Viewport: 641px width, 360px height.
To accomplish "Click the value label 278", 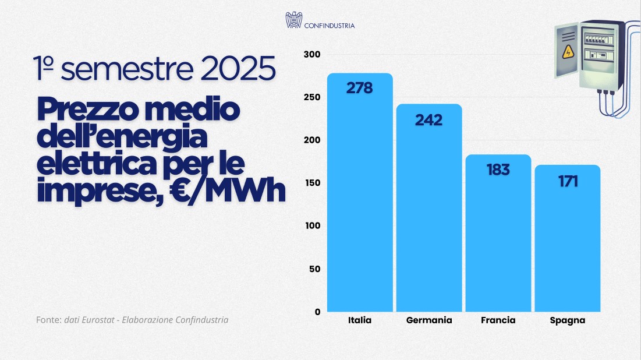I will click(359, 88).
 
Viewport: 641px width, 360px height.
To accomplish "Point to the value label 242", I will click(428, 120).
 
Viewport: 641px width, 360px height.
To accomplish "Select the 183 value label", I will click(497, 170).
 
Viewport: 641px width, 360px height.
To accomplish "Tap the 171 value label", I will click(567, 181).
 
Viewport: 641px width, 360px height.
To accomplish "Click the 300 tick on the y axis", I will click(313, 54).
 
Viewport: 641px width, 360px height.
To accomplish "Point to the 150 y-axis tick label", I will click(313, 183).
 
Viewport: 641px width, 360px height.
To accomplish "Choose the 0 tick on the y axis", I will click(317, 312).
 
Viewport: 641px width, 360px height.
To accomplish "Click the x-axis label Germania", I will click(429, 320).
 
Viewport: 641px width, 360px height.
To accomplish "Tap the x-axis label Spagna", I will click(567, 320).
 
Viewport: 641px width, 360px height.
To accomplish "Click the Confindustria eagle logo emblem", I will click(293, 20).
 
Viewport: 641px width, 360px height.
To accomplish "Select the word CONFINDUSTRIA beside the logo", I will click(330, 26).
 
